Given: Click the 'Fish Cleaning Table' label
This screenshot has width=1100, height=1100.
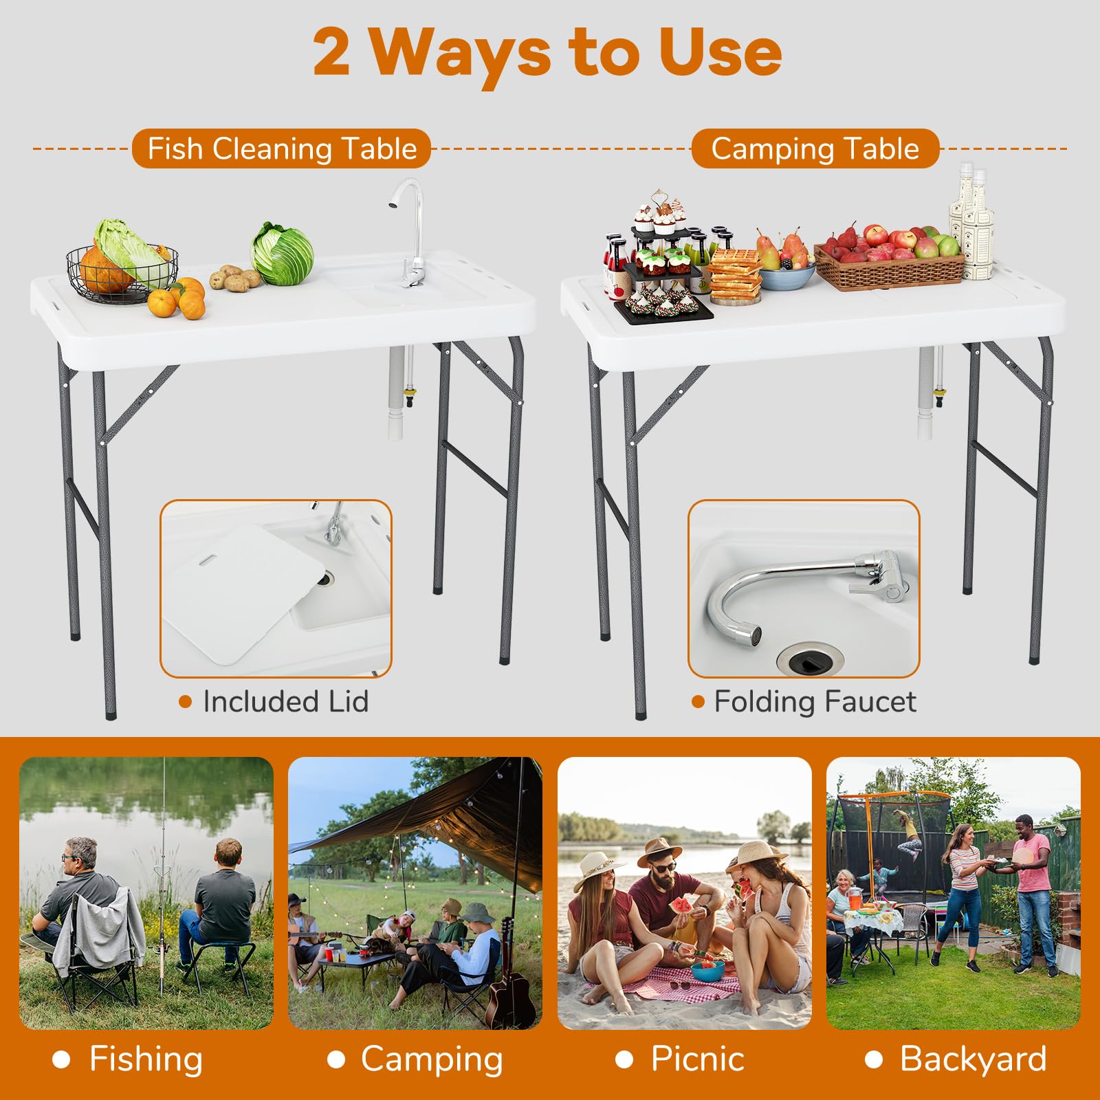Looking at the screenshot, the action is (x=282, y=148).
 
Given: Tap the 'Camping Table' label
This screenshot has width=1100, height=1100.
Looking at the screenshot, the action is (x=815, y=148).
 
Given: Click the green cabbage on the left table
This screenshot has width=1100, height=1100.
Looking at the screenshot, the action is (x=283, y=253).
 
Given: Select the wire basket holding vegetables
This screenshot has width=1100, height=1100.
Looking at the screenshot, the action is (x=122, y=273).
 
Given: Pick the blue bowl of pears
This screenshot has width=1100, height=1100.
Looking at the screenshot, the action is (x=787, y=275).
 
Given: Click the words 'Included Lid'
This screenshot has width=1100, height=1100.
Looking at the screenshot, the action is (x=286, y=702).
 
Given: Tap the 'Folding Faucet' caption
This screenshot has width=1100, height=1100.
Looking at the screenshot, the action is (x=815, y=702).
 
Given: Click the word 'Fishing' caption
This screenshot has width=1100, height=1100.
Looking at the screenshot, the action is (x=146, y=1059).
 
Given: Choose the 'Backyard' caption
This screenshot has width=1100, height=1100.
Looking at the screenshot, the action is (x=973, y=1059).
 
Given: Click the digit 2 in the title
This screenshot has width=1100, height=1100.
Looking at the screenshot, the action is (x=332, y=54).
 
